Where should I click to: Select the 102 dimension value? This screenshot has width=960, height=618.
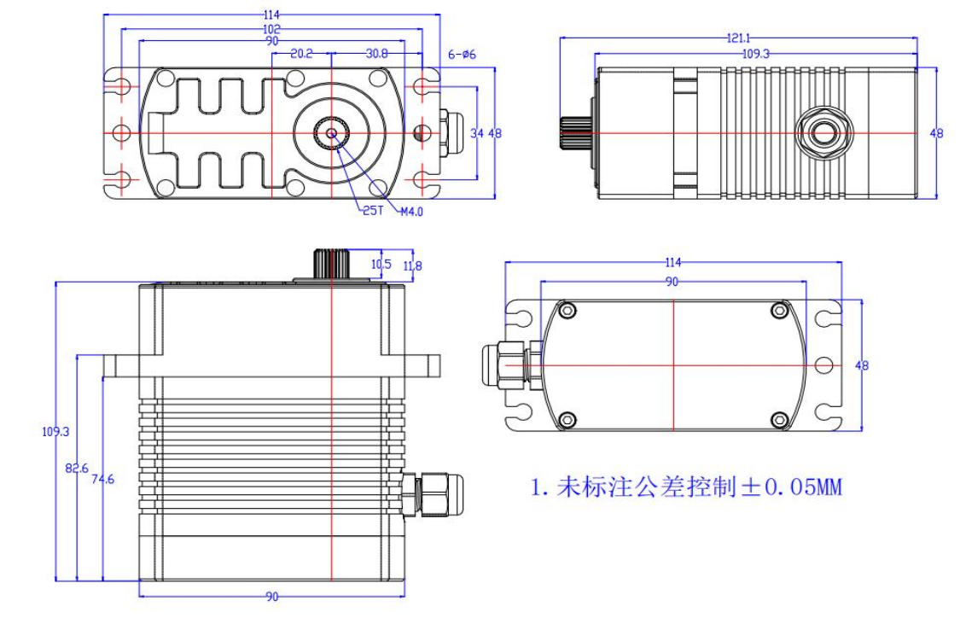coord(272,28)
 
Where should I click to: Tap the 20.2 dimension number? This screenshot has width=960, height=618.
coord(301,53)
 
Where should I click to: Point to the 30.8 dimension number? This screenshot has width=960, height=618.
coord(376,53)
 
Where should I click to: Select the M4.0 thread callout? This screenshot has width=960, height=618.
coord(411,211)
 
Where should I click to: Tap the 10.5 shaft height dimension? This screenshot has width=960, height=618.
coord(381,265)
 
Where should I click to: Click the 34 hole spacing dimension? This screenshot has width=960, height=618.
coord(476,133)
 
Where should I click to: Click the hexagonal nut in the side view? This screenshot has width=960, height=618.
coord(823,133)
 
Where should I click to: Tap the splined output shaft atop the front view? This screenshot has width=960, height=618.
coord(329,263)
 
